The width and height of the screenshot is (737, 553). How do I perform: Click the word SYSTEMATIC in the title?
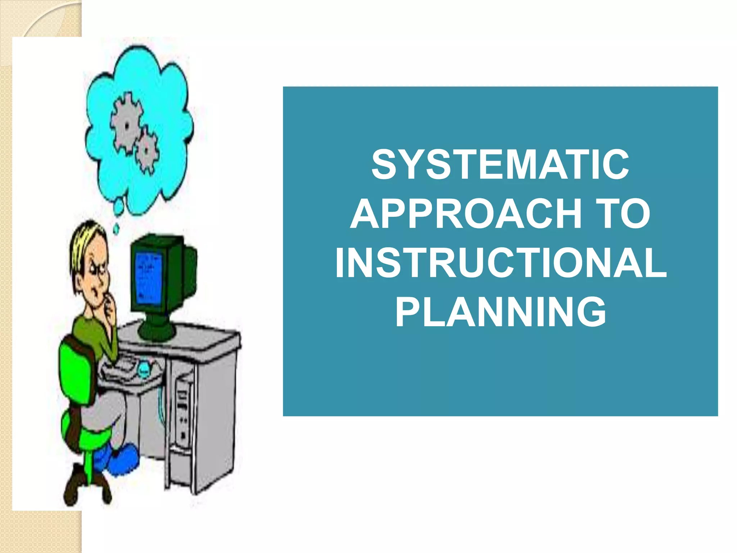500,165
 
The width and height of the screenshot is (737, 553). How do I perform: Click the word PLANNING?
500,312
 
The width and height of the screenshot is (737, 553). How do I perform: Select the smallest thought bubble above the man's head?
116,228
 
